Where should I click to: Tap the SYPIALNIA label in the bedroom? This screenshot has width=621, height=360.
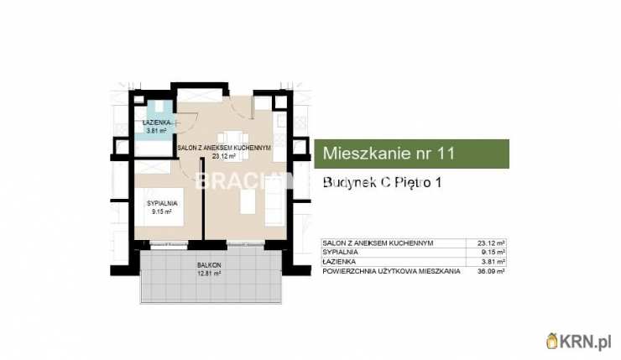(x=161, y=205)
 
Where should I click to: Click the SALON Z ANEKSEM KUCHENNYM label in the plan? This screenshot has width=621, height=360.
(x=224, y=148)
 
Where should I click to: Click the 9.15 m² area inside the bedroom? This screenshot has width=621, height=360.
(x=161, y=211)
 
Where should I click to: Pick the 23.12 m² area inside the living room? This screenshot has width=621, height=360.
(x=222, y=155)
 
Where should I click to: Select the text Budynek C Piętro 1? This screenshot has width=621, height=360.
(x=383, y=183)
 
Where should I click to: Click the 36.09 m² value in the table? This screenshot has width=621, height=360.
(x=493, y=271)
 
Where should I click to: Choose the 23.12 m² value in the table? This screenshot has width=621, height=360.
(x=493, y=243)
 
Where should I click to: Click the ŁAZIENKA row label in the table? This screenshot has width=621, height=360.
(x=340, y=261)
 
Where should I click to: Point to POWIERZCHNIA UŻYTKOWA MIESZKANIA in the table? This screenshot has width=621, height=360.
(x=391, y=271)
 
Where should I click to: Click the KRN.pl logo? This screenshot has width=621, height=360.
(x=579, y=341)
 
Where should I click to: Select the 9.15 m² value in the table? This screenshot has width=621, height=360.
(x=494, y=252)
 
